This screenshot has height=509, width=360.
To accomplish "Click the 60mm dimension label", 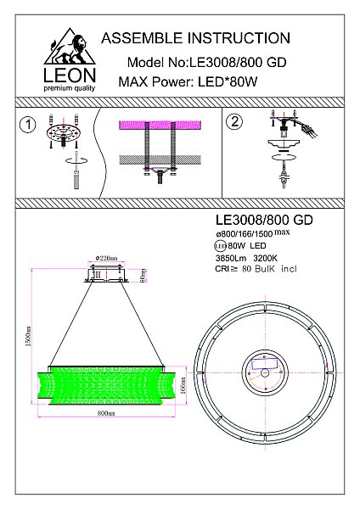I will (x=144, y=275).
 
